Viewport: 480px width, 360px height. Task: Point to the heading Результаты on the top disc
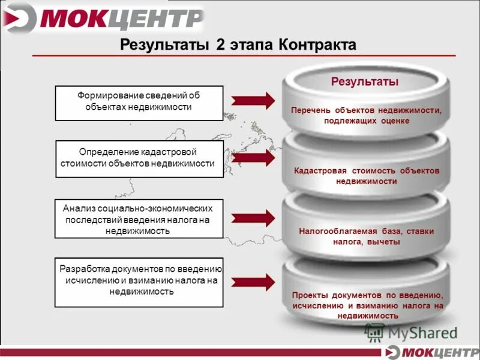point(365,82)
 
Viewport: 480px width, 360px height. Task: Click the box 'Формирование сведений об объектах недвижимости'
point(139,103)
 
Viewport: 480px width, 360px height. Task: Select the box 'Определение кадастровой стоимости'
point(139,159)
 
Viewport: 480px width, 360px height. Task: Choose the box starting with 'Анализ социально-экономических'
point(139,218)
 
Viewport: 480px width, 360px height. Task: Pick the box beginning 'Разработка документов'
point(139,282)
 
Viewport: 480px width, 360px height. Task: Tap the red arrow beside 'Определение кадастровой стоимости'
point(253,157)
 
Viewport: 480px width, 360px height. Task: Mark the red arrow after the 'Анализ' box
point(253,217)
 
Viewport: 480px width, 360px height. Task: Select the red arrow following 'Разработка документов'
point(253,281)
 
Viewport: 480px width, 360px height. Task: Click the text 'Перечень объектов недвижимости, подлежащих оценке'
point(366,116)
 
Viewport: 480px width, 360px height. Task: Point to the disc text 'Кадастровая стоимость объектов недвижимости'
point(366,176)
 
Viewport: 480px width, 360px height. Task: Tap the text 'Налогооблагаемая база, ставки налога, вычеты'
point(366,236)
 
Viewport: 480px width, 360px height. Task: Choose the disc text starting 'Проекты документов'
point(367,305)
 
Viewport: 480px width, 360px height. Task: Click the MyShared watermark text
point(421,332)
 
